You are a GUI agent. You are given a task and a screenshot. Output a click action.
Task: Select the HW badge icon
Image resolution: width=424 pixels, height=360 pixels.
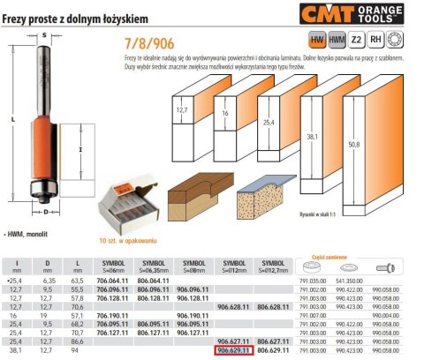(315, 40)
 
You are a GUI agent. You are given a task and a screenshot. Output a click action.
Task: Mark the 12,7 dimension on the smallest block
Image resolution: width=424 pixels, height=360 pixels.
(182, 110)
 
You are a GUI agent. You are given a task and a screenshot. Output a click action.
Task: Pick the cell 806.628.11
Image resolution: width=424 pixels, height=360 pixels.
(273, 306)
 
